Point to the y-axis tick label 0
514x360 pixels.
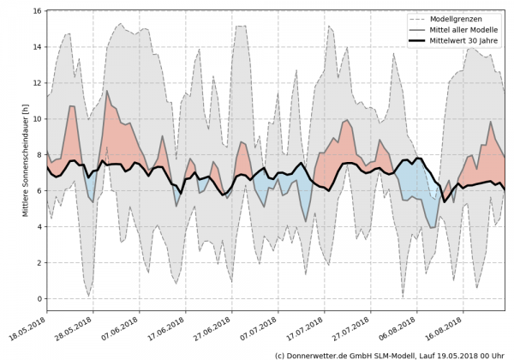[39, 298]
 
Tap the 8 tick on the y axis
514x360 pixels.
[39, 155]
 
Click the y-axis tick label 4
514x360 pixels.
[39, 227]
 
